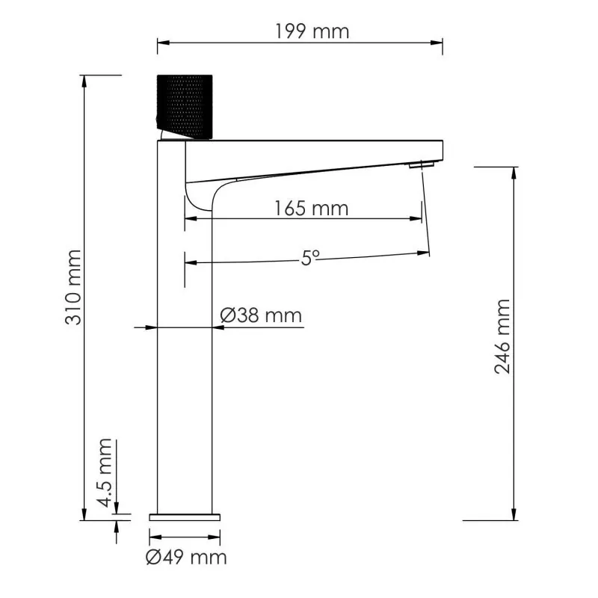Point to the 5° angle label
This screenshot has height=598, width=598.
pyautogui.click(x=310, y=258)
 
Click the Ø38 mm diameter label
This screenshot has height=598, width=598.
pyautogui.click(x=261, y=316)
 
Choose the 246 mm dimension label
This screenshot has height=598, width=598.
pyautogui.click(x=502, y=336)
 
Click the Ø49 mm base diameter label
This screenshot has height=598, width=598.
pyautogui.click(x=186, y=557)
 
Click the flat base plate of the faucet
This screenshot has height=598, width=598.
pyautogui.click(x=186, y=516)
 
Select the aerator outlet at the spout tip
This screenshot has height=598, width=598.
pyautogui.click(x=423, y=164)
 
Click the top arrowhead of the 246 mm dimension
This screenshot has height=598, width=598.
pyautogui.click(x=514, y=173)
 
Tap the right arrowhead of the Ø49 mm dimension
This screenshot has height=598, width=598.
pyautogui.click(x=218, y=536)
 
